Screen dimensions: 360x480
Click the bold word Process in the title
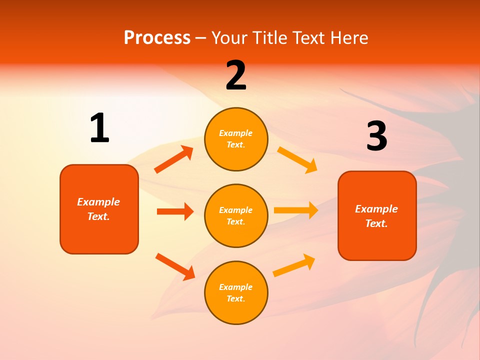click(157, 38)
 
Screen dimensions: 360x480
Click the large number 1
click(99, 128)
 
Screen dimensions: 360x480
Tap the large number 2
click(236, 75)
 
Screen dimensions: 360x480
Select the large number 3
click(376, 136)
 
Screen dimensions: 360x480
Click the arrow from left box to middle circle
click(175, 211)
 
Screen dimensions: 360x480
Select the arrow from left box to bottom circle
click(175, 266)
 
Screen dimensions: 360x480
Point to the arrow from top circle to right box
click(297, 159)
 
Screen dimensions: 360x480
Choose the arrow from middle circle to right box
click(296, 210)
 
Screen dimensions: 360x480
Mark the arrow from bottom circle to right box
click(294, 265)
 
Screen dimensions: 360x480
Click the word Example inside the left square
click(98, 202)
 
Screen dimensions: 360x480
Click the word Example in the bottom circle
click(235, 287)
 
